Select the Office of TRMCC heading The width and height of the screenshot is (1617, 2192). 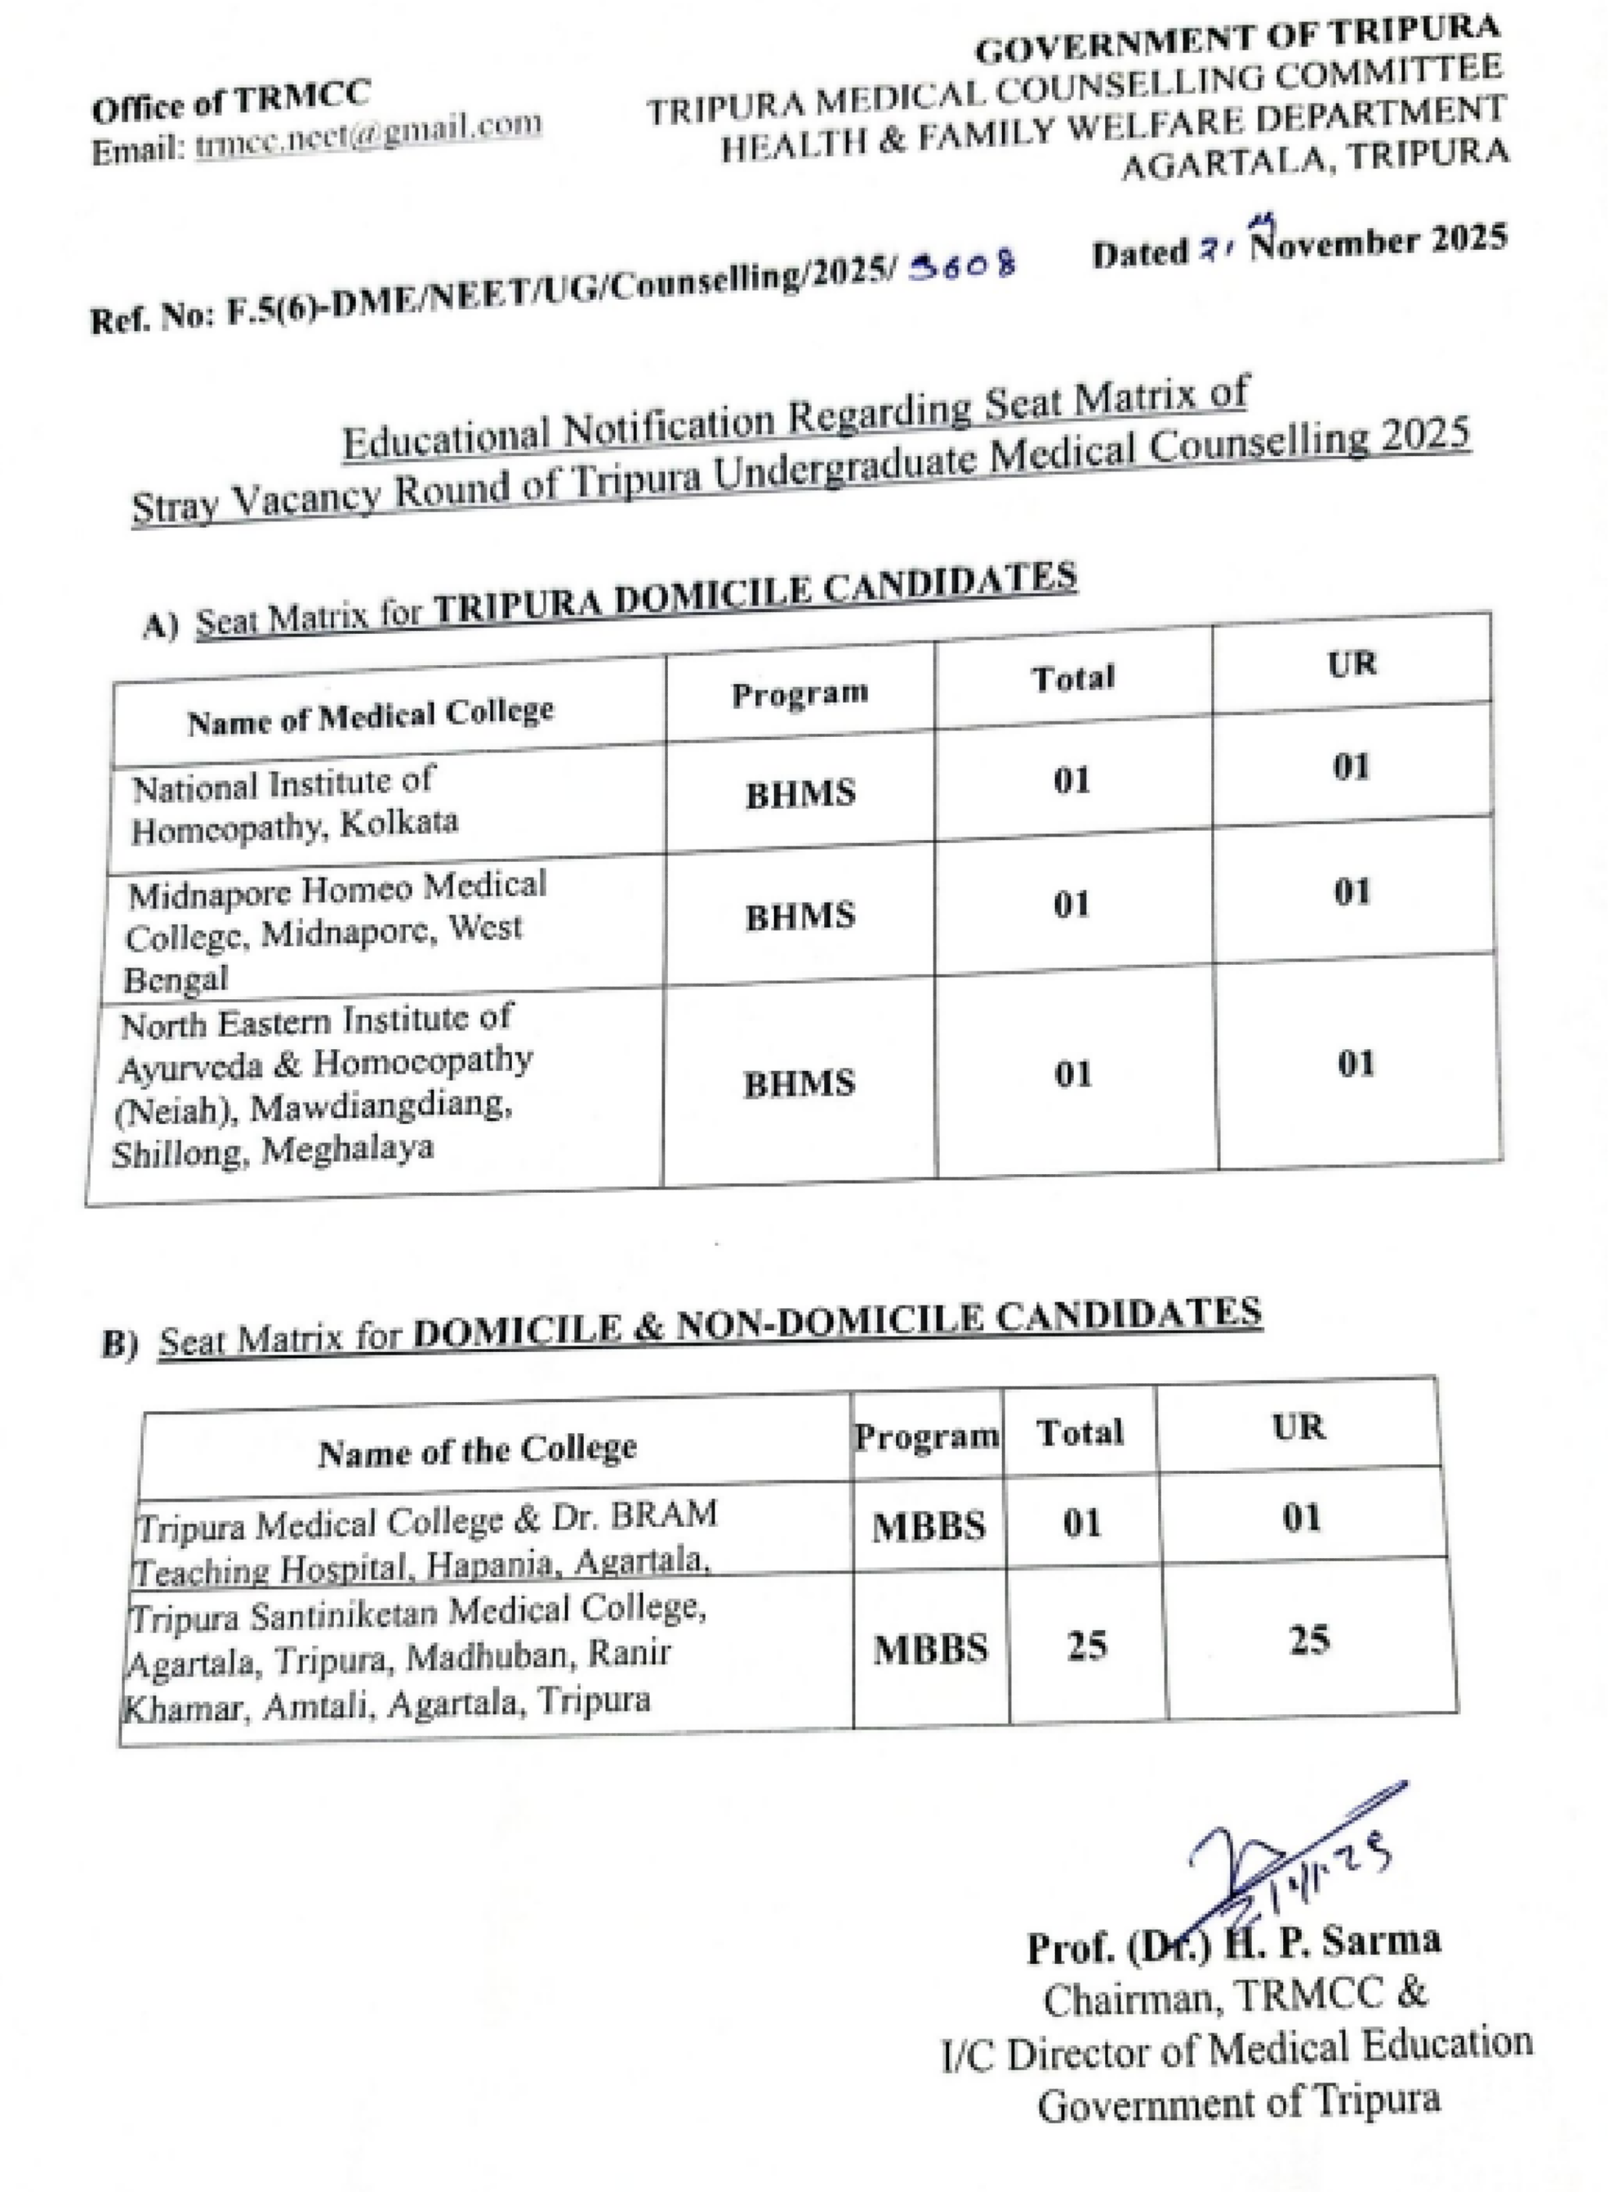pyautogui.click(x=231, y=103)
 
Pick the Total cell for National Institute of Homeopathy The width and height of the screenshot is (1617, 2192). pyautogui.click(x=1071, y=779)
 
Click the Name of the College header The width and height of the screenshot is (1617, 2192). pyautogui.click(x=477, y=1449)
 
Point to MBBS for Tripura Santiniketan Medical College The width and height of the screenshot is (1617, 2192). pyautogui.click(x=930, y=1650)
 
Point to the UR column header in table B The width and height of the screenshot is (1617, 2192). pyautogui.click(x=1298, y=1427)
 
